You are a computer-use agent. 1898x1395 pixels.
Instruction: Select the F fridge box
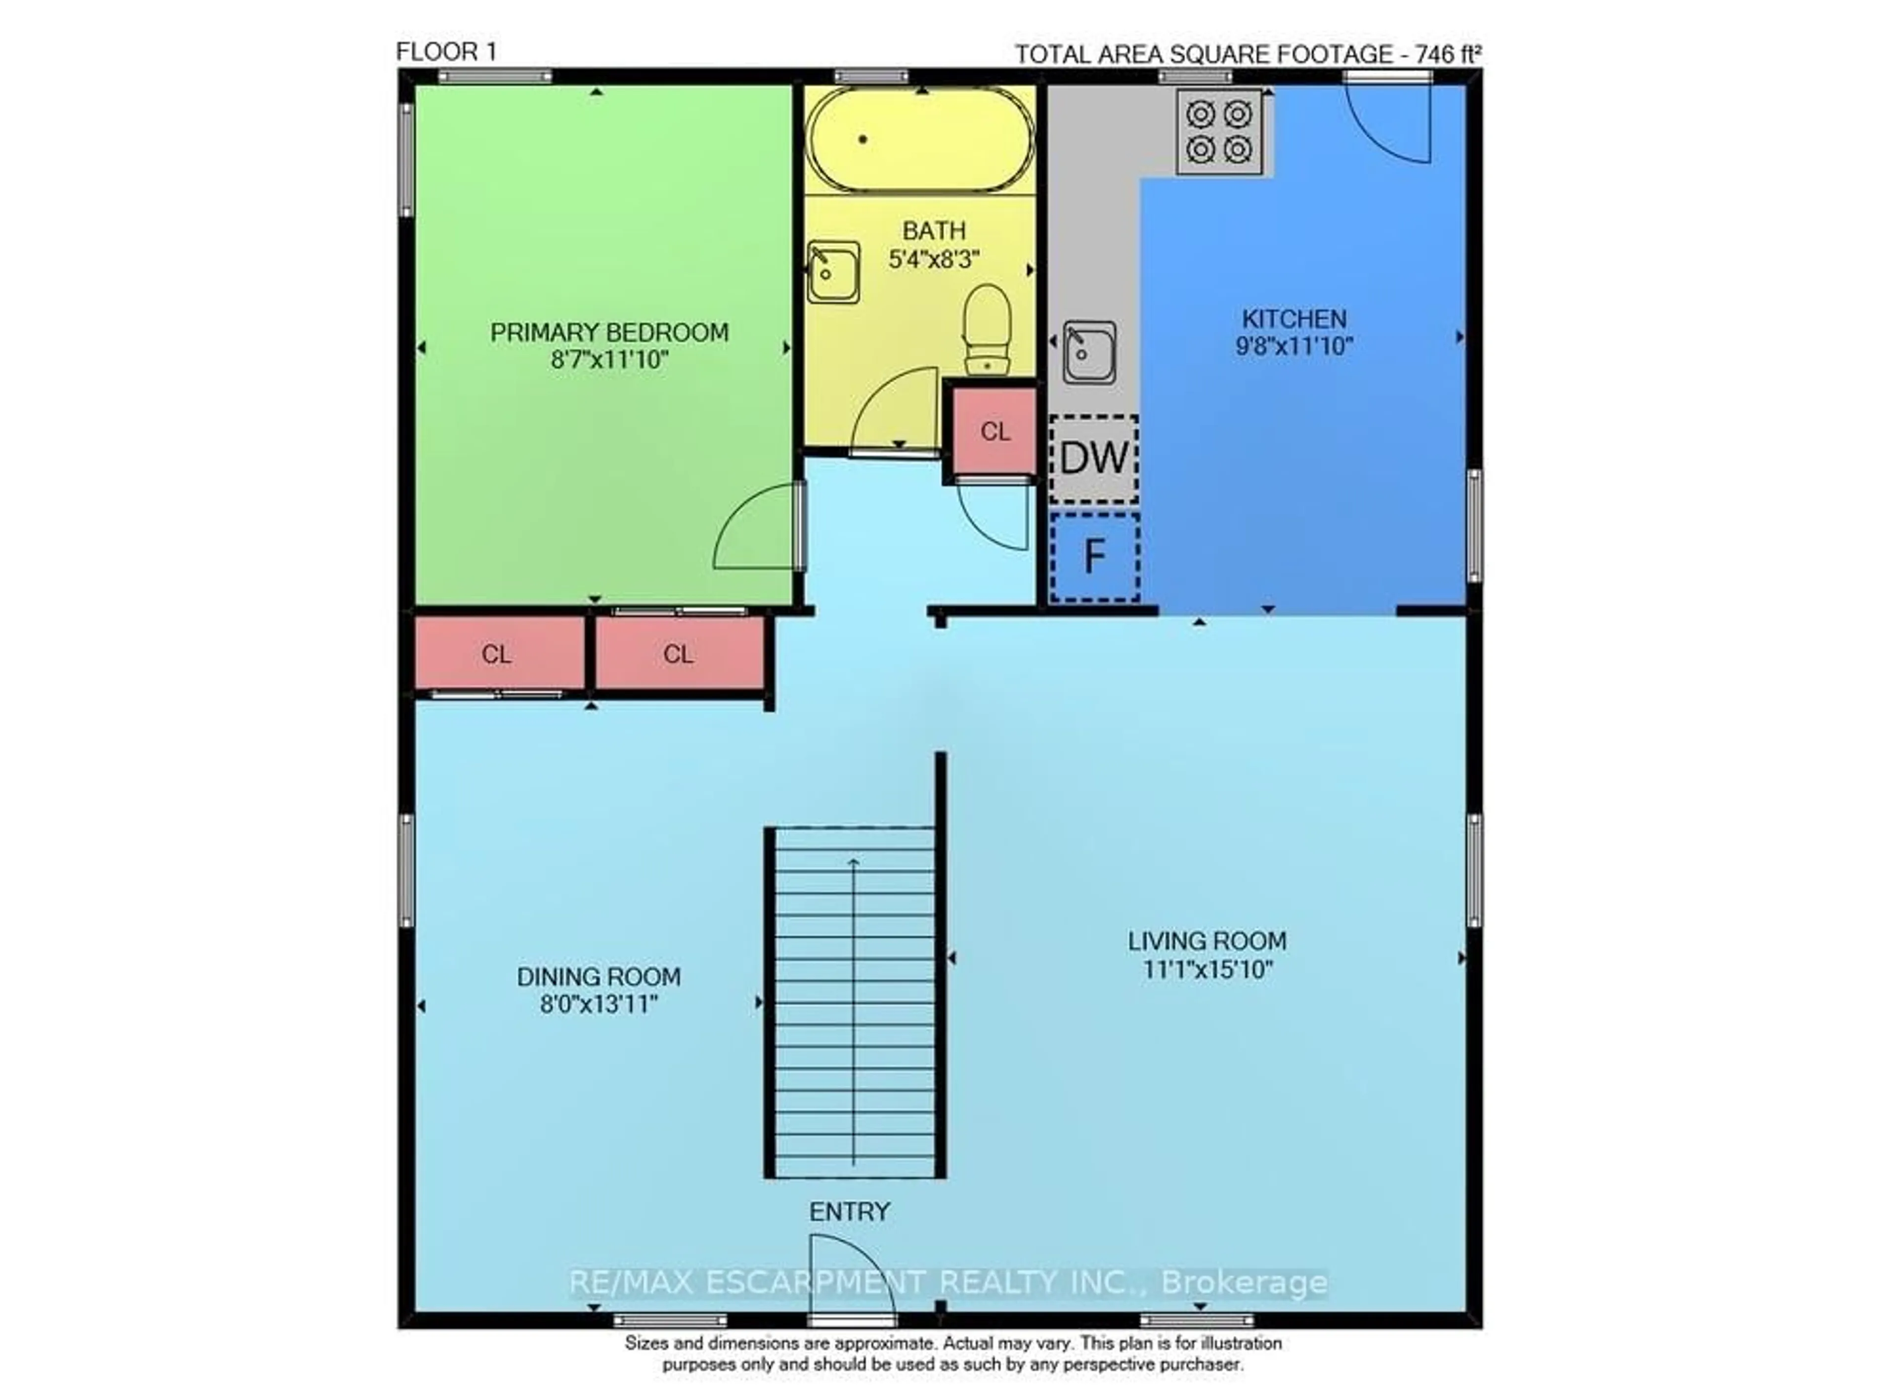1094,557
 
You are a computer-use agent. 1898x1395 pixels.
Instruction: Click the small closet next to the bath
994,432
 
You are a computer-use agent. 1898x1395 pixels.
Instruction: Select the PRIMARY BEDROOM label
609,333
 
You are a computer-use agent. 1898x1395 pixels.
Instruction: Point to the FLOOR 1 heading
447,52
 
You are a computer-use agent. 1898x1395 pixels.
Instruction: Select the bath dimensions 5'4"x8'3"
933,259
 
